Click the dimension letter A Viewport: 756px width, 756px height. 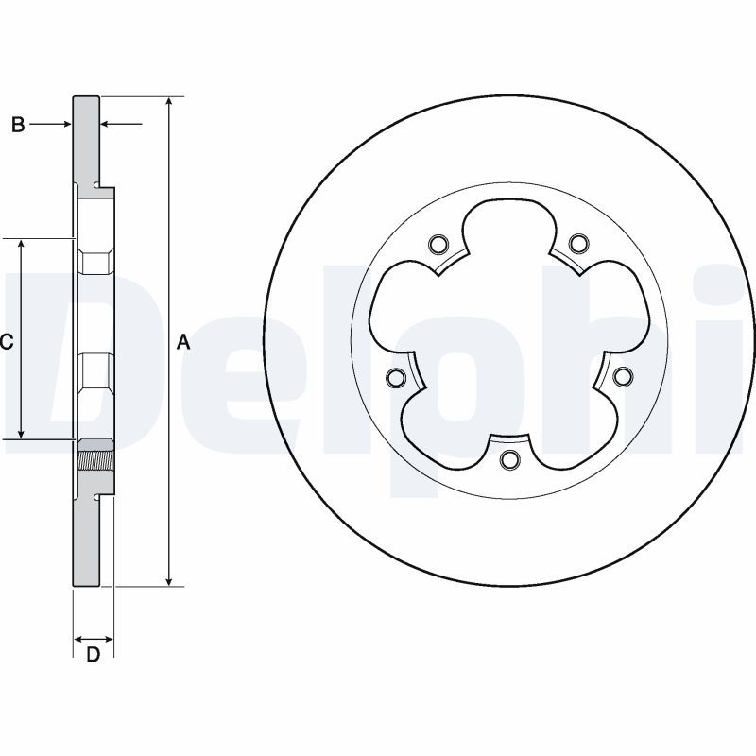pos(183,343)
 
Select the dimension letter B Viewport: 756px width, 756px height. pos(18,124)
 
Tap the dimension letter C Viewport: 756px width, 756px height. pos(6,343)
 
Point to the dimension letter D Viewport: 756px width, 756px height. pos(93,655)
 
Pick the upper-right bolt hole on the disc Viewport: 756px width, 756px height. pos(577,245)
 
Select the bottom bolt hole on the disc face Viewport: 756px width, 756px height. pos(509,460)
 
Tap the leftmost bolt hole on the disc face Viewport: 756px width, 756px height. pos(396,379)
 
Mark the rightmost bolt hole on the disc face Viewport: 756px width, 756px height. pos(622,377)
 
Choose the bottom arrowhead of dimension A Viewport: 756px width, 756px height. pos(169,580)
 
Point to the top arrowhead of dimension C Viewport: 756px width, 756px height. pos(21,245)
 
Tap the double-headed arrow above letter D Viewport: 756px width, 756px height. pos(93,639)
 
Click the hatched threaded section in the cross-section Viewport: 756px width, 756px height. pos(94,459)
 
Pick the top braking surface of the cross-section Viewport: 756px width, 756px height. pos(86,142)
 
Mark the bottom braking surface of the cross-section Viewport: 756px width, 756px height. pos(86,539)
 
